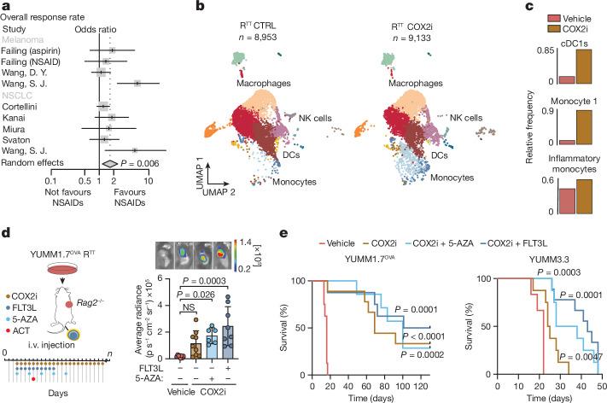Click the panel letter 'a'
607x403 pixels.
coord(6,7)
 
